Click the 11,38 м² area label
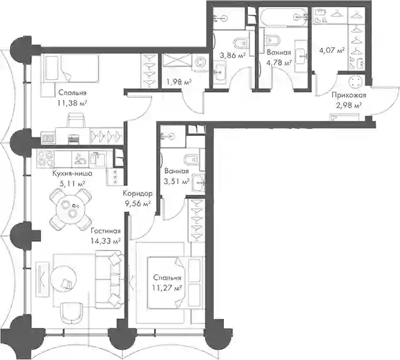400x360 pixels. [x=73, y=103]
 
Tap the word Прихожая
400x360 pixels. [x=348, y=96]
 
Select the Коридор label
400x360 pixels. [x=138, y=194]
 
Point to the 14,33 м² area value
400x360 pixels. [x=106, y=241]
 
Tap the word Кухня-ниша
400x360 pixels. [x=72, y=174]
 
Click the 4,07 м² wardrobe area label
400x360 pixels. [x=332, y=50]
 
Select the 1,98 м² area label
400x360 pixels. [x=179, y=82]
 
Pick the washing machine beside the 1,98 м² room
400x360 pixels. [x=200, y=62]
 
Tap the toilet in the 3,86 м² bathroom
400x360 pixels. [x=240, y=43]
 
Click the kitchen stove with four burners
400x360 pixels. [x=46, y=159]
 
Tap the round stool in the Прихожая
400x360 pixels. [x=355, y=82]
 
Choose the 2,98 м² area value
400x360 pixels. [x=348, y=105]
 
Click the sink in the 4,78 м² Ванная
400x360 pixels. [x=301, y=56]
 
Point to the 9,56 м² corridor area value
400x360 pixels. [x=138, y=203]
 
